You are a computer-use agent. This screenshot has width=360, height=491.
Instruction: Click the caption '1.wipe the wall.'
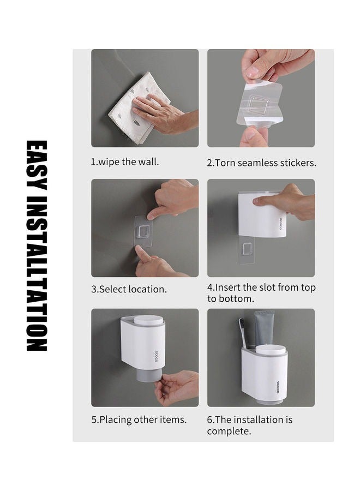tap(124, 162)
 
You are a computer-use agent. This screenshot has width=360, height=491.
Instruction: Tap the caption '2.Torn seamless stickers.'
tap(261, 163)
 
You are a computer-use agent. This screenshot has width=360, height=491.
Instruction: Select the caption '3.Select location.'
tap(129, 289)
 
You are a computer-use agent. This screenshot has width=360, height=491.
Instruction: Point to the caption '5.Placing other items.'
tap(139, 420)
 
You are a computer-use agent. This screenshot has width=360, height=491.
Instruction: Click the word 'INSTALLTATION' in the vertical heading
tap(37, 274)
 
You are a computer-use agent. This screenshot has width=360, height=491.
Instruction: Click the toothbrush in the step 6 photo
tap(243, 333)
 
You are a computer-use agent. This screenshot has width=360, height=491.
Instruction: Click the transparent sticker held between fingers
tap(259, 103)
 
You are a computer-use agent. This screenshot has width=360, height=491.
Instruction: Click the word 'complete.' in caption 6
tap(229, 431)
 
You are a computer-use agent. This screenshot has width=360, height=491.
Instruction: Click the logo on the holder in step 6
tap(278, 387)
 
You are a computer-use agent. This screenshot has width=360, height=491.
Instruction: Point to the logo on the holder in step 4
tap(281, 224)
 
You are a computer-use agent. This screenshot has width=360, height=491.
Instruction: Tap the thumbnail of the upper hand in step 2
tap(251, 72)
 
